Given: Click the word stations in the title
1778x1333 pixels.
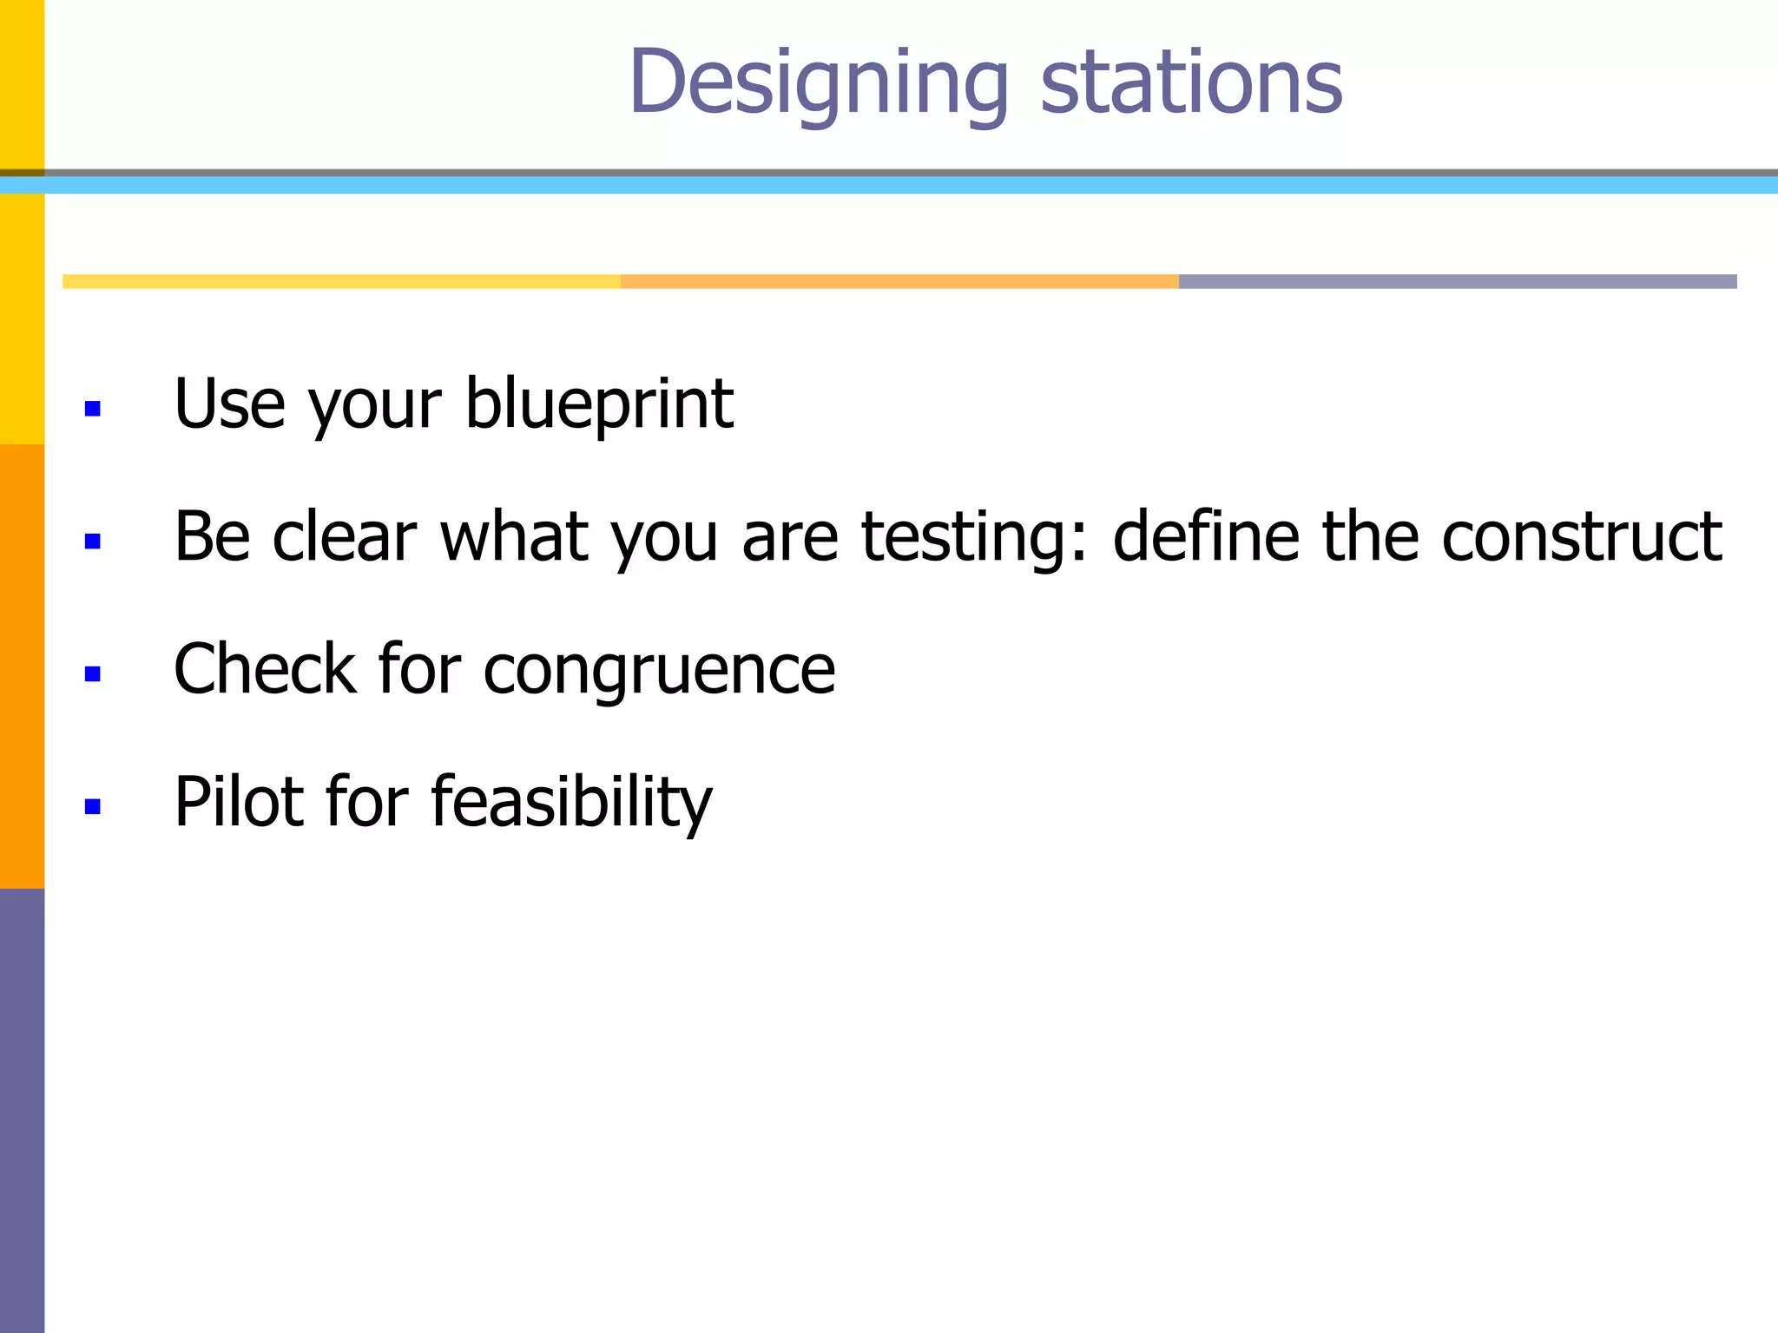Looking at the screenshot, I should coord(1191,83).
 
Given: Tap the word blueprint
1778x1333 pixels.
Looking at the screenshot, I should coord(599,404).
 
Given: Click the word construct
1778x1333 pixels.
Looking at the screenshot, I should coord(1581,537).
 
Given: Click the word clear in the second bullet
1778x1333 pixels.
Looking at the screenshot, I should coord(344,537).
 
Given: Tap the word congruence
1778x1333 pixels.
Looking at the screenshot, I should coord(659,672).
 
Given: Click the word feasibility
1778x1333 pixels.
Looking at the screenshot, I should coord(571,803).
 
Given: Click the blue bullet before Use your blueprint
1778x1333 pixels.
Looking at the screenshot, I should coord(93,408).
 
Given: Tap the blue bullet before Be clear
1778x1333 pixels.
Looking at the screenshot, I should coord(93,542).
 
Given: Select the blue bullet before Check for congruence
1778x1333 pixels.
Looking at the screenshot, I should coord(93,673).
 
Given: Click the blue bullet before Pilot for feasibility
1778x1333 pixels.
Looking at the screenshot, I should coord(93,806).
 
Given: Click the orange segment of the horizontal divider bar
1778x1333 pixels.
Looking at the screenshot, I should coord(899,281).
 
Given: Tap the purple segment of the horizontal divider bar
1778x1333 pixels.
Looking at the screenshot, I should coord(1457,281).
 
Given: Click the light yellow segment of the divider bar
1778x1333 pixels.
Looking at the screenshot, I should coord(341,281).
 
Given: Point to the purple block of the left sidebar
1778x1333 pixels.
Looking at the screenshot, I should coord(22,1111).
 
